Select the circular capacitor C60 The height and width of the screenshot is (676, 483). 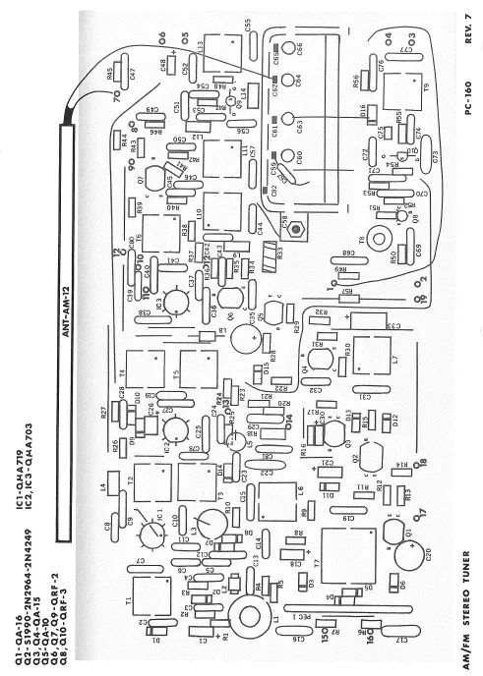coord(290,155)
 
